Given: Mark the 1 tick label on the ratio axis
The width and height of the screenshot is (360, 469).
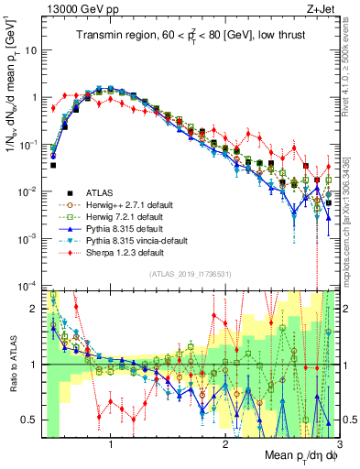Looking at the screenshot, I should pyautogui.click(x=34, y=365).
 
